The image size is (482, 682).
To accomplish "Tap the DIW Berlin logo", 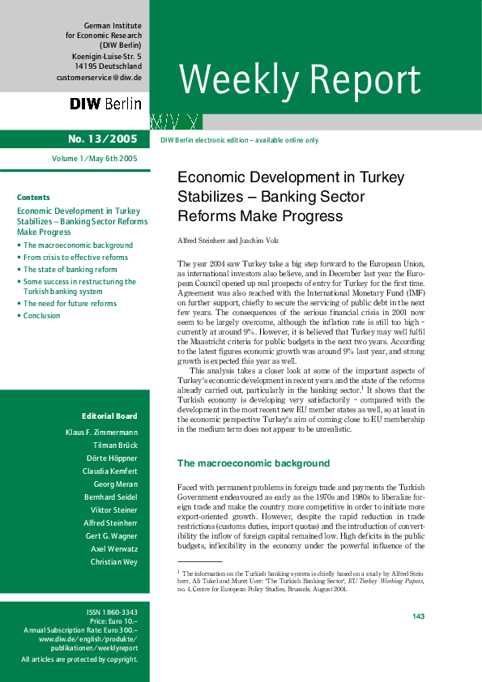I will [105, 104].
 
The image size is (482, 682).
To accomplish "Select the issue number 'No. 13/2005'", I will [103, 139].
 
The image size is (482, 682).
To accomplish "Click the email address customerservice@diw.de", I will [99, 78].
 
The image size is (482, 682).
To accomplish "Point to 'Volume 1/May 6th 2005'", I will [95, 159].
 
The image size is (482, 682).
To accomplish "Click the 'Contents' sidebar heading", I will [33, 198].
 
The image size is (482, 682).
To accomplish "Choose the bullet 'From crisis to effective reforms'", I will [75, 258].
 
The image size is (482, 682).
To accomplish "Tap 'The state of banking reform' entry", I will [70, 270].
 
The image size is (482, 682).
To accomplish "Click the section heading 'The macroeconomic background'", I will [254, 463].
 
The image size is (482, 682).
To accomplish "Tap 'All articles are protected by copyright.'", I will [79, 659].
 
